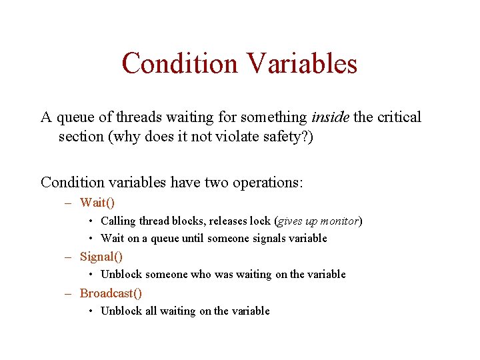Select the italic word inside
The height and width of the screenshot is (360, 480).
point(331,117)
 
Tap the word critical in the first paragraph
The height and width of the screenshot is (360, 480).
point(399,117)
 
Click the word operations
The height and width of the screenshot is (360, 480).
point(267,182)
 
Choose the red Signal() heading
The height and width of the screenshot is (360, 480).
point(101,257)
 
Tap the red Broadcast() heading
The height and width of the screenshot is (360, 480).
point(111,293)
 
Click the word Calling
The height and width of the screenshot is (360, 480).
point(118,221)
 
